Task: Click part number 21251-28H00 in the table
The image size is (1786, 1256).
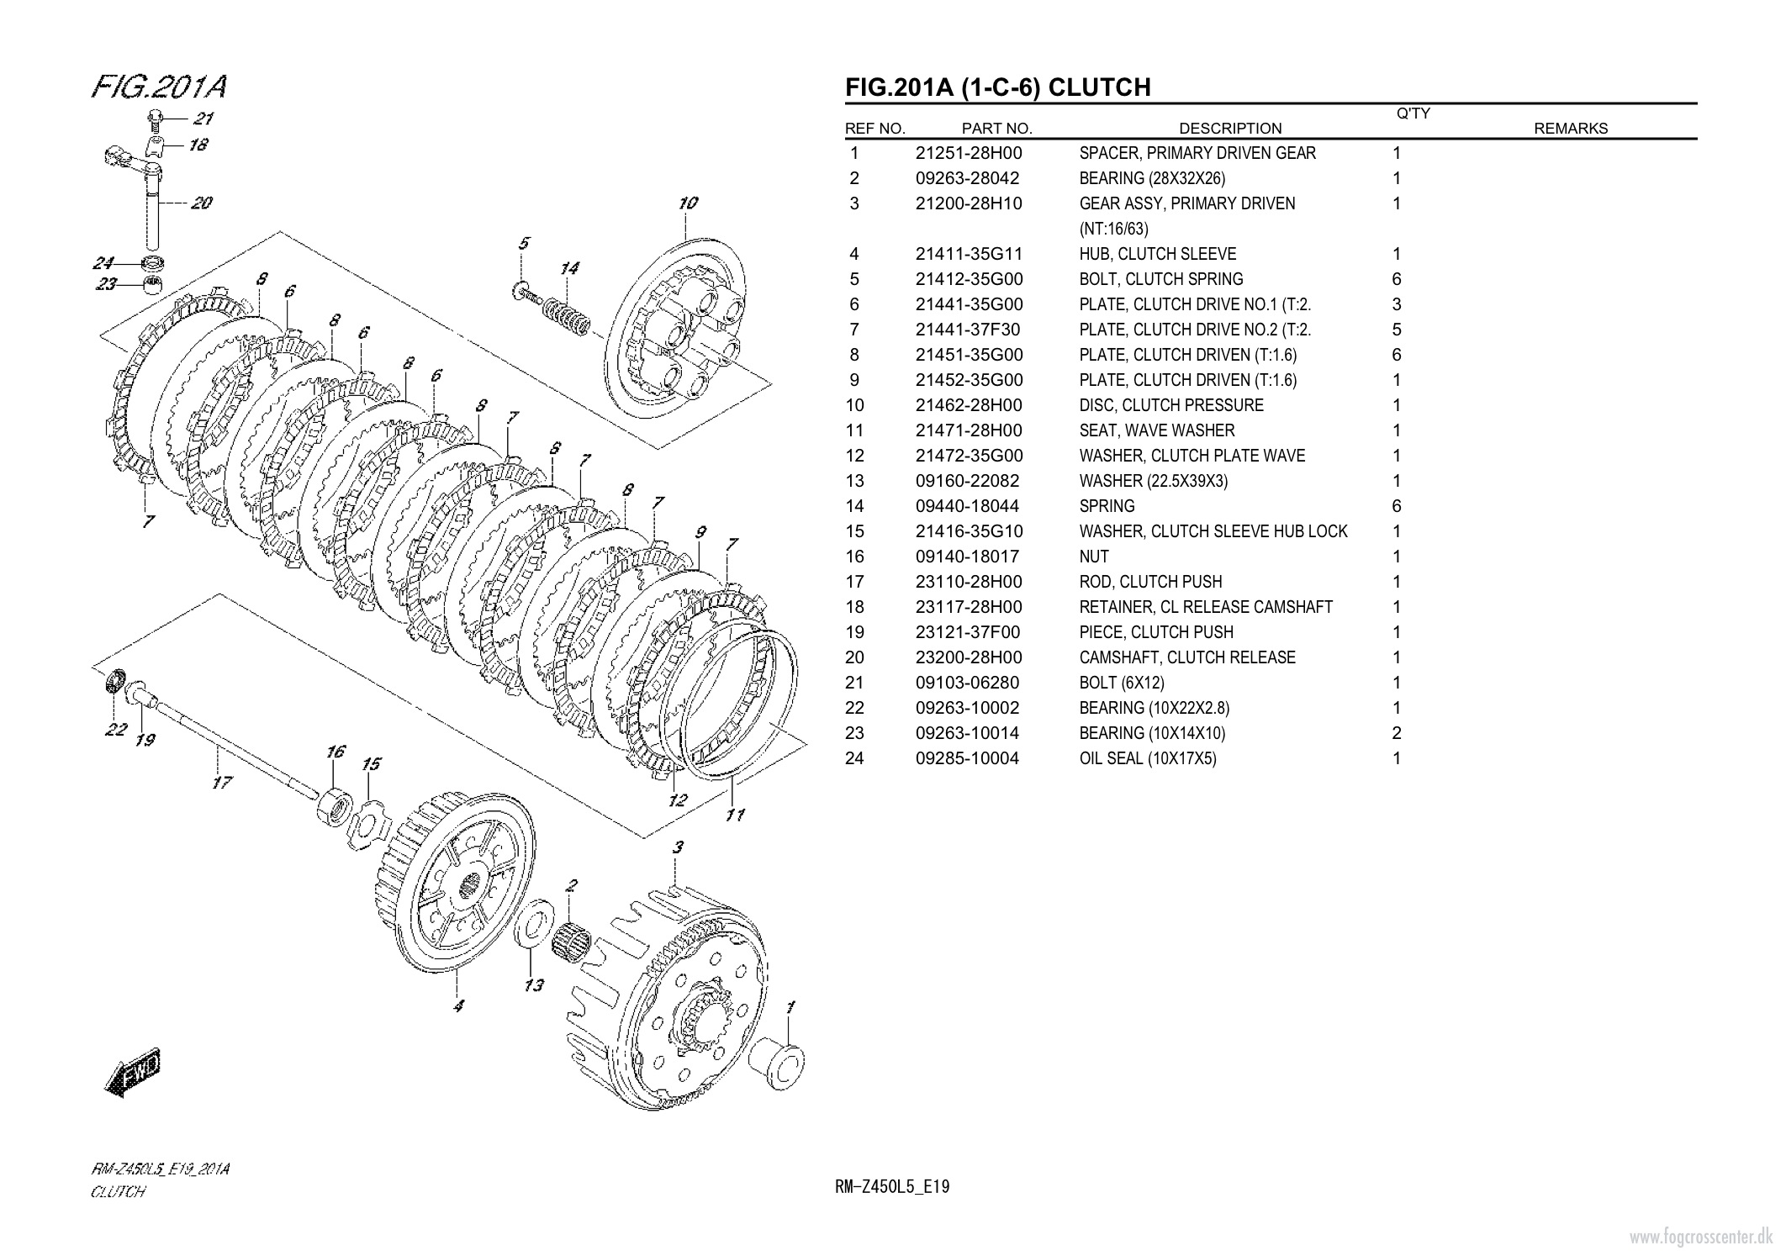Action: point(969,153)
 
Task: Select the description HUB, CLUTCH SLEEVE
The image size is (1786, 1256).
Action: point(1158,254)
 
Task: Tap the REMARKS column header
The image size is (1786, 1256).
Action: point(1571,129)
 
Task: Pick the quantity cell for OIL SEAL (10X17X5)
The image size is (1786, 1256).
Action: point(1397,758)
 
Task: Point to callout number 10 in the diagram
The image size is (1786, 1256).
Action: point(688,203)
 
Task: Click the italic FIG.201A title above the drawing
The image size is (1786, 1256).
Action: point(159,87)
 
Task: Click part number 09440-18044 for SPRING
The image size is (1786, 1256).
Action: point(967,506)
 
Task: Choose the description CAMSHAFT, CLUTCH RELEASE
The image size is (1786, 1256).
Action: point(1187,657)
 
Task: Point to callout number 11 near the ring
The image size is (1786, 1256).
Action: point(735,814)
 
